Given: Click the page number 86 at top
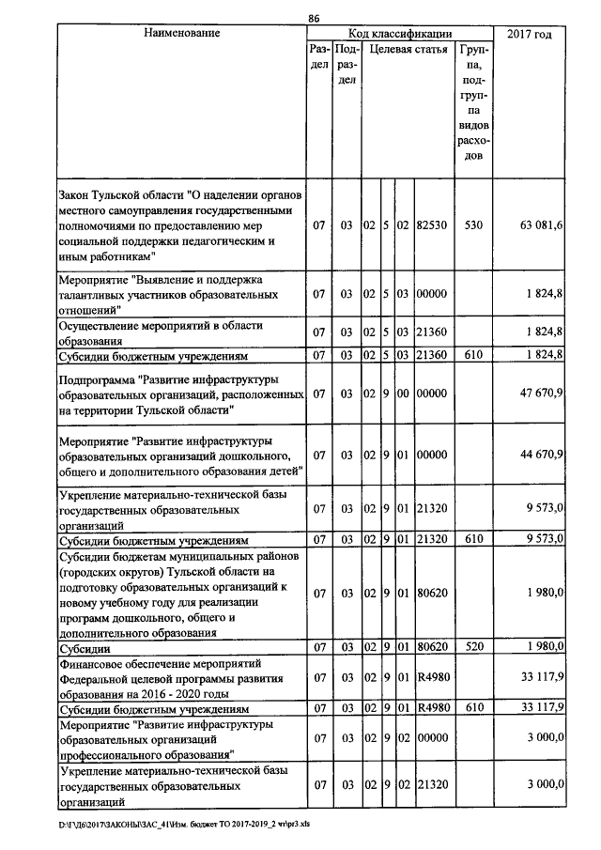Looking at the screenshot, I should (x=314, y=17).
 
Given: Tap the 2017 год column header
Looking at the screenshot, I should (x=528, y=34).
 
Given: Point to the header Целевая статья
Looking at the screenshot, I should (x=406, y=48).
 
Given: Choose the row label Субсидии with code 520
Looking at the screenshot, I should (x=84, y=647).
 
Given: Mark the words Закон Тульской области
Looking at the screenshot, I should (x=119, y=195).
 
